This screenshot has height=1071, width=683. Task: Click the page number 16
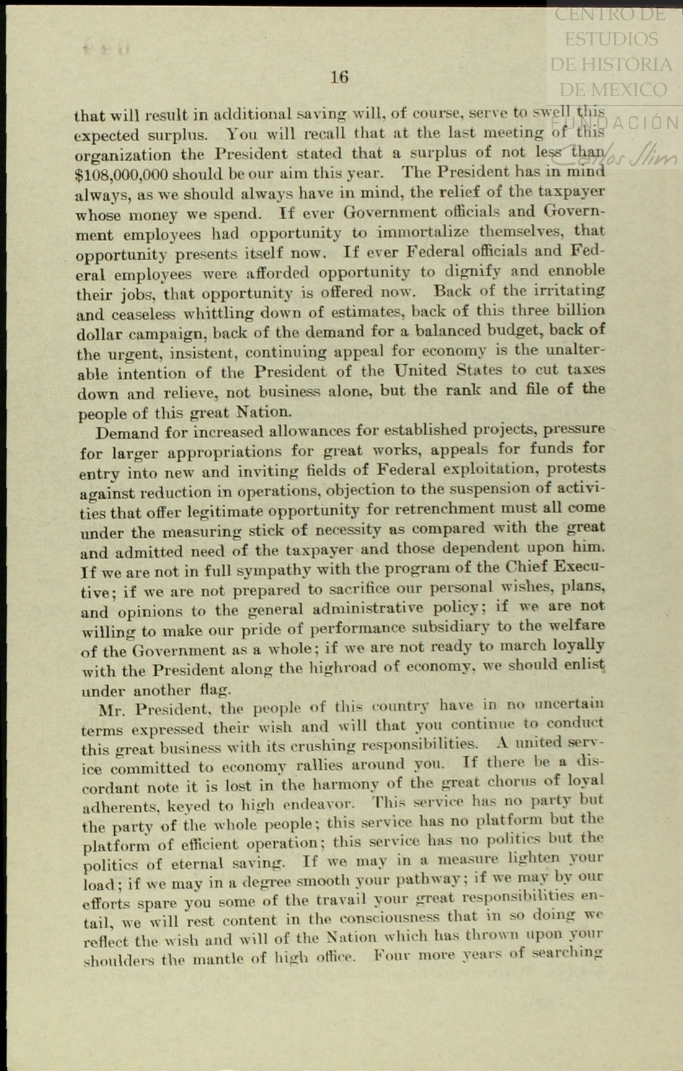coord(339,77)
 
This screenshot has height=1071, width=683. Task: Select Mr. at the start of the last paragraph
coord(112,708)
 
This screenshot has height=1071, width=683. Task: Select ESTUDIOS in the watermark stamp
coord(611,39)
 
